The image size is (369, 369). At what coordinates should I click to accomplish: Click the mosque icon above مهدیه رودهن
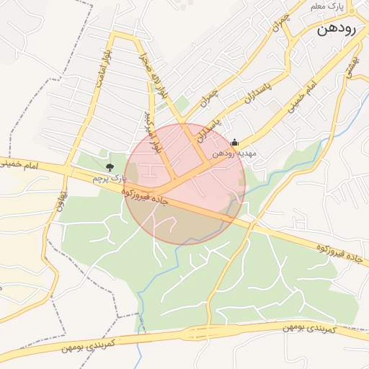point(234,143)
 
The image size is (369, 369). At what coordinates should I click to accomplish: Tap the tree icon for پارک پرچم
point(110,167)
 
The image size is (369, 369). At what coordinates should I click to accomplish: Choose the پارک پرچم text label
point(110,177)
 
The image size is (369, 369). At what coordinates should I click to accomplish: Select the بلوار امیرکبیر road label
point(153,132)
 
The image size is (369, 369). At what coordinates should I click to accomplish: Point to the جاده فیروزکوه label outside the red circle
point(338,252)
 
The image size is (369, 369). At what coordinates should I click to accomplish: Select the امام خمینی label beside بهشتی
point(303,100)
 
